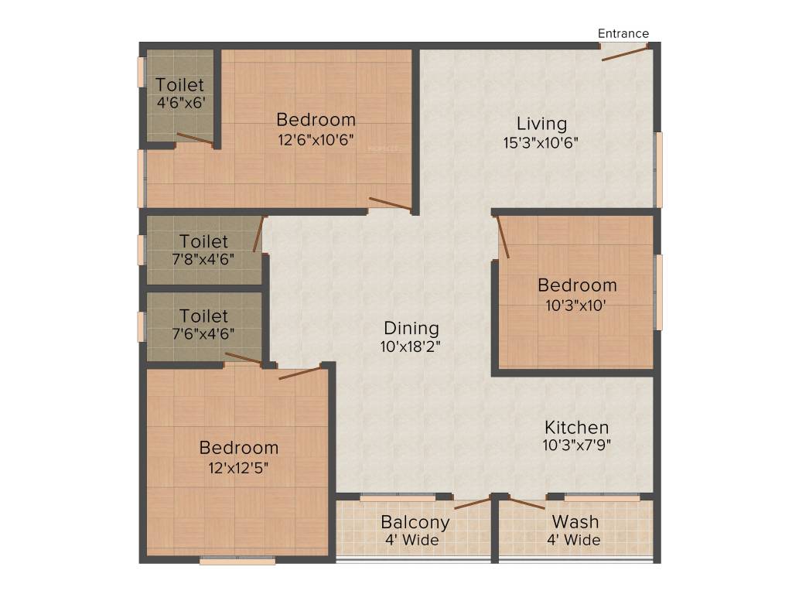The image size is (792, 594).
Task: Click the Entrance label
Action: [623, 33]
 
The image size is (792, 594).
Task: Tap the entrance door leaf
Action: [625, 53]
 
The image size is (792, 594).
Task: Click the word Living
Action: [541, 123]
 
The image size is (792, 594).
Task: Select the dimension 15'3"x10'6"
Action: [541, 142]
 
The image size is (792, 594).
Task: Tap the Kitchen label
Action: [576, 427]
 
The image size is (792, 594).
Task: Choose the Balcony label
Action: [415, 521]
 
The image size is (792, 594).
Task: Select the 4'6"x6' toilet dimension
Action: [180, 102]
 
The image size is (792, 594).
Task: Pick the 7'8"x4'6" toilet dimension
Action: [204, 259]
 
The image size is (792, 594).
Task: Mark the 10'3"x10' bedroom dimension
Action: [577, 304]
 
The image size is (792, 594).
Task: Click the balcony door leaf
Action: [473, 504]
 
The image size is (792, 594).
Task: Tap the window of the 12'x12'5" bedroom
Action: [237, 561]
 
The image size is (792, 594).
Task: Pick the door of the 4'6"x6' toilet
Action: [195, 139]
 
